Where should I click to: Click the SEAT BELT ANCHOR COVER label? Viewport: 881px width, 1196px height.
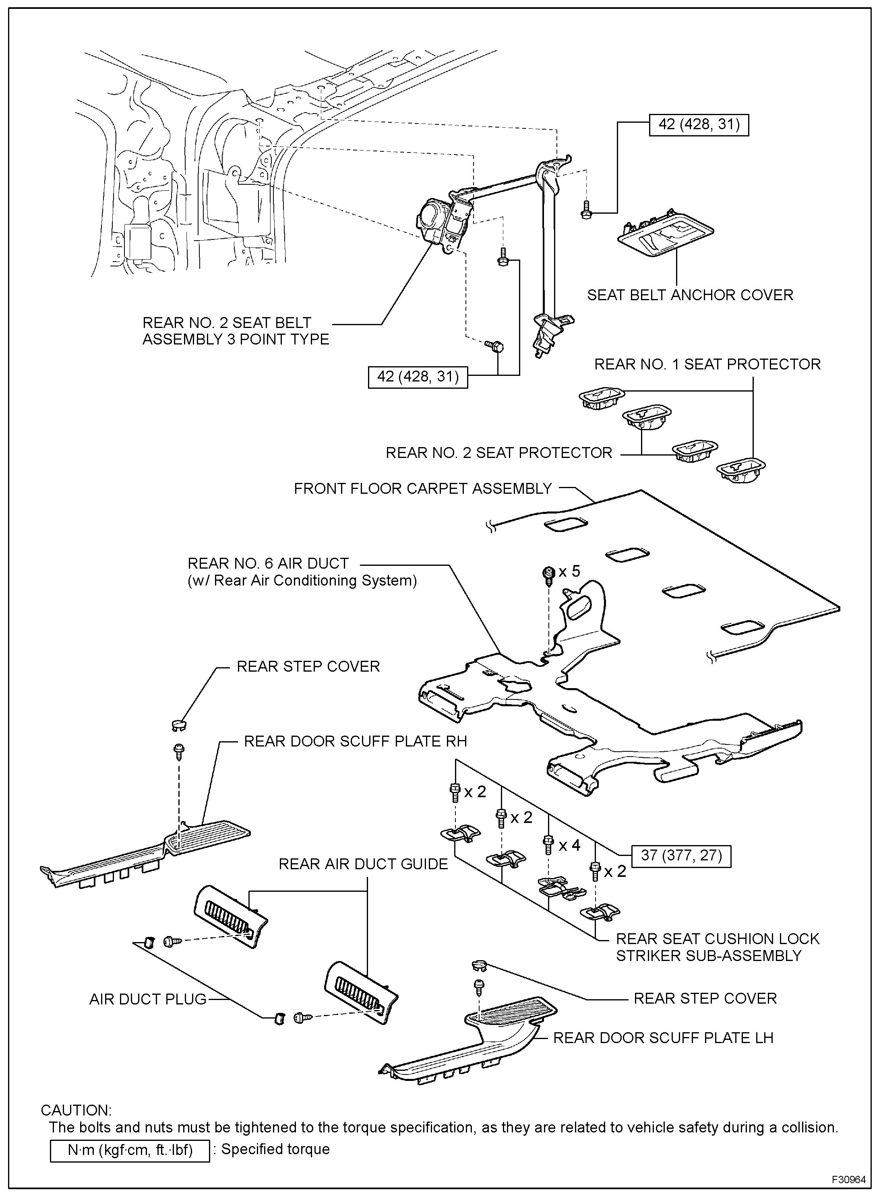point(690,295)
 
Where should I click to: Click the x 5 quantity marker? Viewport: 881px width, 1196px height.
point(569,571)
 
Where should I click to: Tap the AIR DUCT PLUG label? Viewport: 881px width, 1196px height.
point(148,999)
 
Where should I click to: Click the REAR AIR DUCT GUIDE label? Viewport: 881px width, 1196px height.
point(363,864)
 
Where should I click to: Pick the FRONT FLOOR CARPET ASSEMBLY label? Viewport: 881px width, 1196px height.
point(422,488)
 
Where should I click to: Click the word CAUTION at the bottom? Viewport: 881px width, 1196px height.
point(76,1110)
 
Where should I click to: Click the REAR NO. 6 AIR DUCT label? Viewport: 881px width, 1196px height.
point(268,563)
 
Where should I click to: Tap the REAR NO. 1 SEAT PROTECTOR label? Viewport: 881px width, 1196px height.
point(707,364)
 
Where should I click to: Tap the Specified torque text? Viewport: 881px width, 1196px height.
point(275,1149)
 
